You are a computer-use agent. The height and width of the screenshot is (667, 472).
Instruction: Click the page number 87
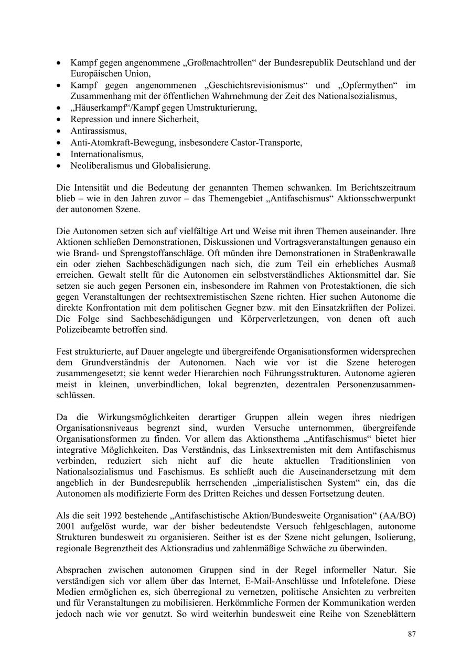[412, 634]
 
